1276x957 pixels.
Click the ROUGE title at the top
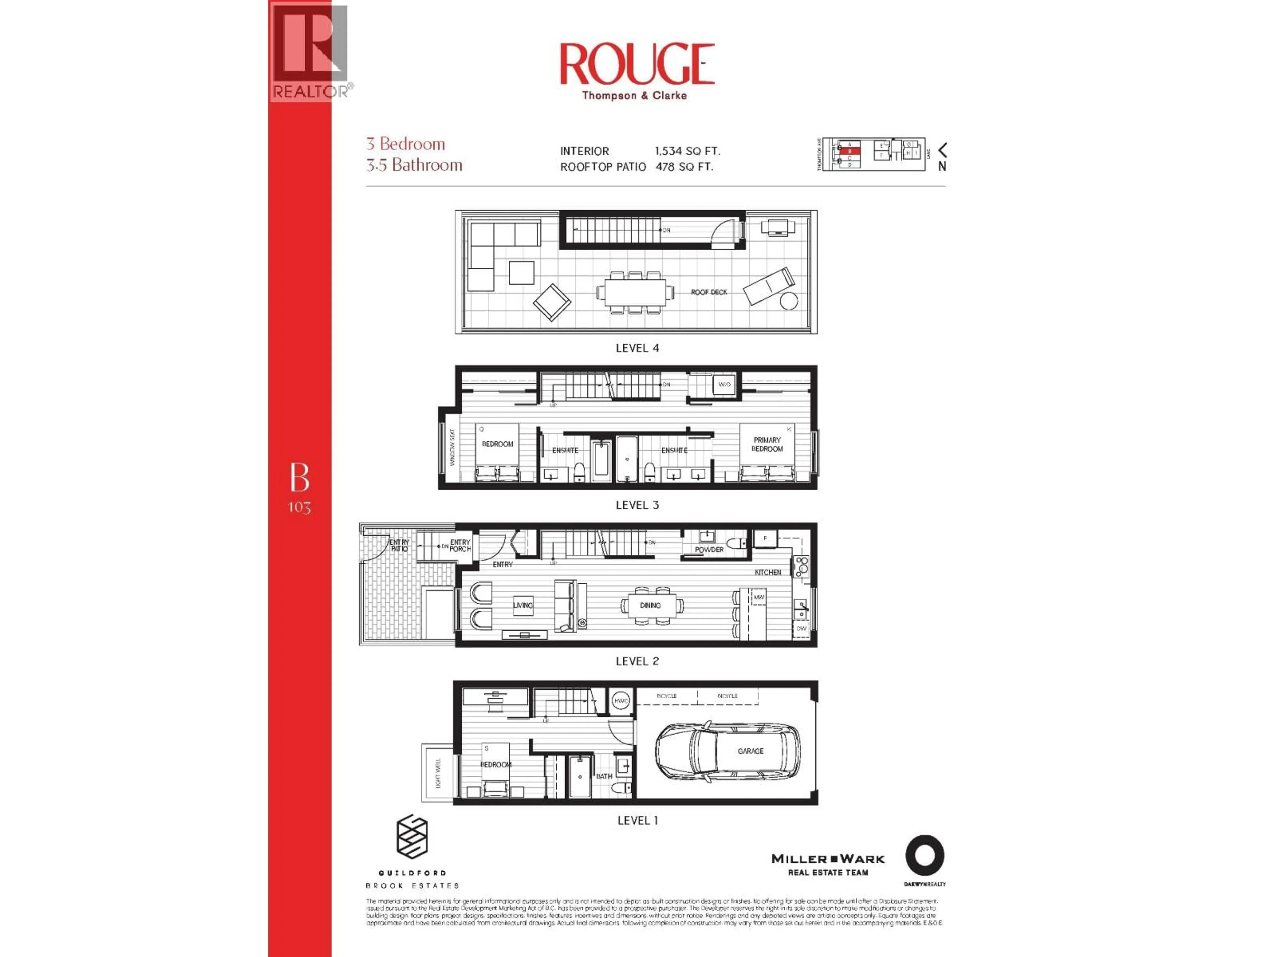tap(637, 64)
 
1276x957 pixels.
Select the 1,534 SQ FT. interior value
tap(687, 151)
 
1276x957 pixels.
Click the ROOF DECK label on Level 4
tap(709, 292)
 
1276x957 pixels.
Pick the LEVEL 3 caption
tap(637, 505)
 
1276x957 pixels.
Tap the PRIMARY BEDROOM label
tap(767, 444)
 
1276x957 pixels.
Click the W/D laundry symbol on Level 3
tap(724, 384)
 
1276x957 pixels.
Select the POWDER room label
tap(709, 550)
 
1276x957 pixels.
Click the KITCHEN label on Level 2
tap(768, 572)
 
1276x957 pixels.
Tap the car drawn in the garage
tap(727, 751)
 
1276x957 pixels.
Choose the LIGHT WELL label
tap(438, 773)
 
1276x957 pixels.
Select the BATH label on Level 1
tap(604, 776)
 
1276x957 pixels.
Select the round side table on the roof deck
tap(789, 300)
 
